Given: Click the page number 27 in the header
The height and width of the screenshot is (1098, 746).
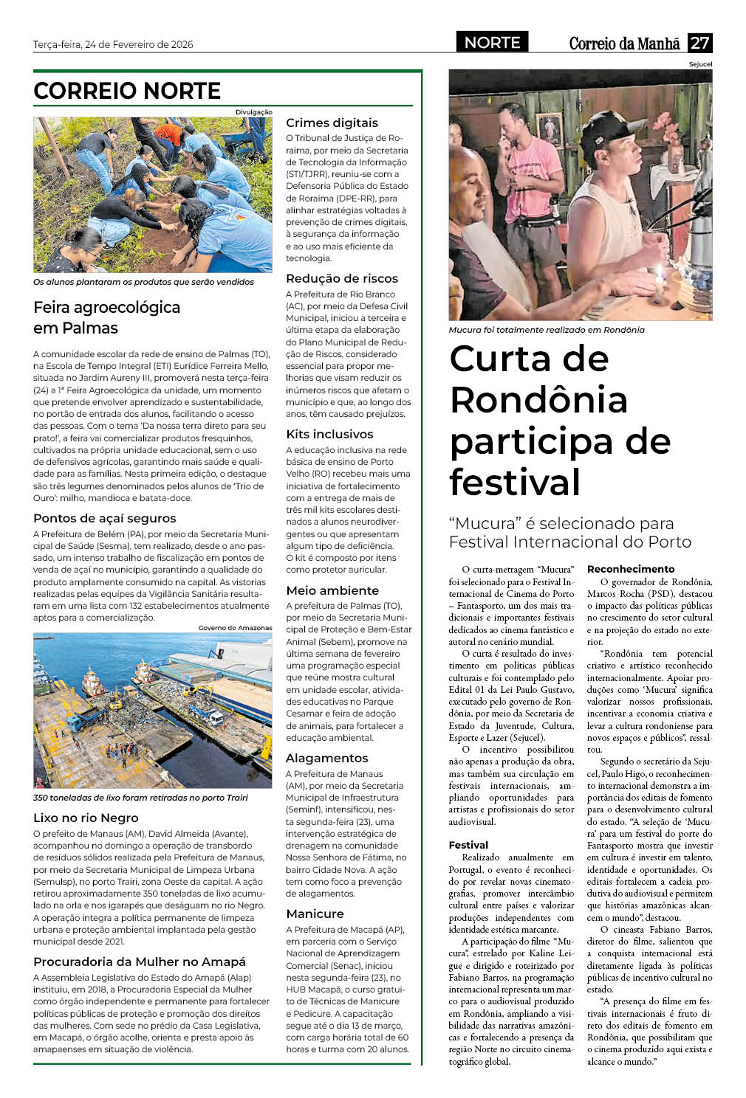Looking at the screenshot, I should (x=699, y=43).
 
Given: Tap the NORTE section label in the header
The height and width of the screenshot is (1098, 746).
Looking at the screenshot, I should (x=492, y=43).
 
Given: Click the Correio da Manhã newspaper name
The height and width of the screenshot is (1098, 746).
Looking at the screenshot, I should (x=624, y=44).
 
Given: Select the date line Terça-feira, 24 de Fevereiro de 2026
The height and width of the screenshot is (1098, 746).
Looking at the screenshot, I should (x=113, y=44).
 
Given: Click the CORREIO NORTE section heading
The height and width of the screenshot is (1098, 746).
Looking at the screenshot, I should (x=127, y=91).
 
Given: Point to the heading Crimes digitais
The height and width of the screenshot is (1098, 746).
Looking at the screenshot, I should (x=332, y=122).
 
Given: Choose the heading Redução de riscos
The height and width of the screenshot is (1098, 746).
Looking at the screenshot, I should (x=342, y=278).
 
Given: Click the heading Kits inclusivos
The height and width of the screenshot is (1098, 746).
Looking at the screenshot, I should (x=329, y=434).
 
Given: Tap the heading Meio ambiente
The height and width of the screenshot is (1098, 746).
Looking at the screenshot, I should (x=332, y=590).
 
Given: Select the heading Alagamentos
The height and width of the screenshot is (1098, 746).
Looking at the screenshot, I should (x=326, y=758).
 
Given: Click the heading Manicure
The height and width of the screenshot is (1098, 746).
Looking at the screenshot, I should (x=315, y=914).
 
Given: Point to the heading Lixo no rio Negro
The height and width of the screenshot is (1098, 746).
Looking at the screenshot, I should (x=86, y=818).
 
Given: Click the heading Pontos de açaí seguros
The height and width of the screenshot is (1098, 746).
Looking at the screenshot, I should (x=105, y=518).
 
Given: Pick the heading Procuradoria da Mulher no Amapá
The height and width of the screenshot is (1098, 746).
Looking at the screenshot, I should (x=140, y=961).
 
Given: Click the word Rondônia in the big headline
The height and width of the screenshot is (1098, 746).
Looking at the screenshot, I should (x=538, y=400).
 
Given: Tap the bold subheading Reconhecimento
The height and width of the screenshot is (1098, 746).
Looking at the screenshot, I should (x=631, y=569).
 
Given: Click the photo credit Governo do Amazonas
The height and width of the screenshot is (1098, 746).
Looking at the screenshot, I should (x=235, y=628).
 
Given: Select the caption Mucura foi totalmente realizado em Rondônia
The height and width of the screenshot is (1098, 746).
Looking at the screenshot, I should (x=547, y=330).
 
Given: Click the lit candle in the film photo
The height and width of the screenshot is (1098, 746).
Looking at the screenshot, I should (x=657, y=279).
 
